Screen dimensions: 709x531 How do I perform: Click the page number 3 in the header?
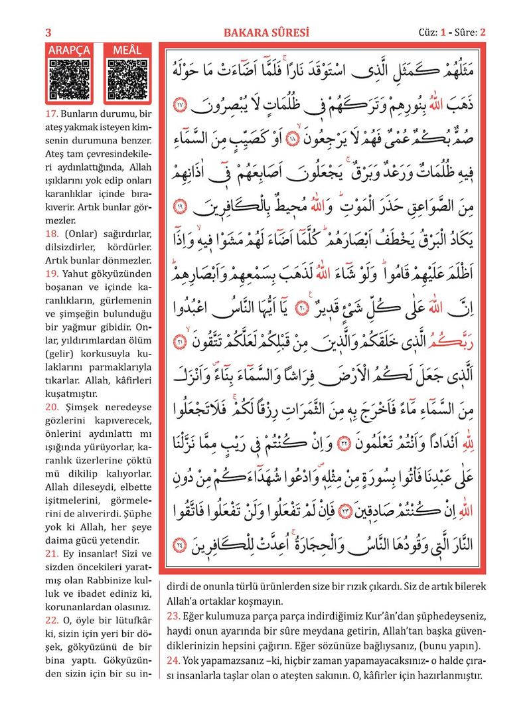click(x=48, y=33)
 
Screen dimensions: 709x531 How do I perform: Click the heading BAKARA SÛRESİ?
click(x=266, y=33)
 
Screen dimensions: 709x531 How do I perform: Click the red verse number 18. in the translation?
click(x=52, y=233)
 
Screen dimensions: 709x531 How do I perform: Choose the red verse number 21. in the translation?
click(x=52, y=554)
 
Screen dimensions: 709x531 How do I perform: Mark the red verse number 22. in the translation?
click(x=52, y=620)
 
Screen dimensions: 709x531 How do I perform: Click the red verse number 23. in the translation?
click(x=173, y=615)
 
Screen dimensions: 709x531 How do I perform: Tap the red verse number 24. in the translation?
click(x=173, y=661)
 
